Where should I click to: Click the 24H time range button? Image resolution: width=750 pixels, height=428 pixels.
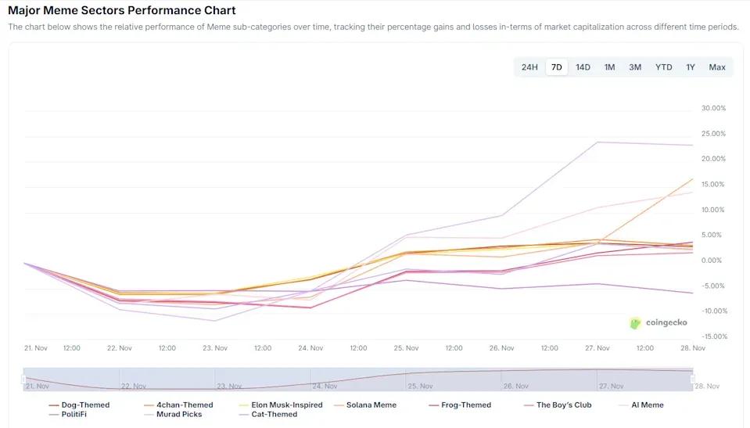tap(529, 67)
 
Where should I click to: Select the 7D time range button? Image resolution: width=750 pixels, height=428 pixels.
tap(557, 67)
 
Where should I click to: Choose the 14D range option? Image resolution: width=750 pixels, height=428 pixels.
tap(583, 67)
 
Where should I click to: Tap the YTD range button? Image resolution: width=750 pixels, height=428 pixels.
tap(663, 67)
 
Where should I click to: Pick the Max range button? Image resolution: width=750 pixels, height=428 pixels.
tap(717, 67)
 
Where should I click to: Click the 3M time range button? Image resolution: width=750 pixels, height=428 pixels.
tap(635, 67)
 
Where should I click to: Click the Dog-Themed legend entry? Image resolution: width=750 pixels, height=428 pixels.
tap(85, 405)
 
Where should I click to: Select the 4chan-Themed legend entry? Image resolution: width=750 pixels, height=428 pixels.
tap(185, 405)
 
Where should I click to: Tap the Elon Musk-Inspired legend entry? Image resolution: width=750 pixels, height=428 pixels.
tap(286, 405)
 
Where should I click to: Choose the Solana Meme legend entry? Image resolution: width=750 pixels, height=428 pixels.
tap(371, 405)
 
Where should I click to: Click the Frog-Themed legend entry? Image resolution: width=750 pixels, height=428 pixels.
tap(466, 405)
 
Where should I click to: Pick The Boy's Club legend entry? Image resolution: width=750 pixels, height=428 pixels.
tap(564, 405)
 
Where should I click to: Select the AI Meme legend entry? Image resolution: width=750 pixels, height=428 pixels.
tap(647, 405)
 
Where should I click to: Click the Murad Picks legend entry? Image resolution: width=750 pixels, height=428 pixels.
tap(178, 415)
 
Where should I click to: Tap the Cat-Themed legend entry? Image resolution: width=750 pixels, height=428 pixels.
tap(274, 415)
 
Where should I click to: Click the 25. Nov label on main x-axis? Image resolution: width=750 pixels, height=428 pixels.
tap(406, 348)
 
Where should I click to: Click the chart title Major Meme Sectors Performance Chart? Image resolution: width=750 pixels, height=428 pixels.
tap(122, 11)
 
